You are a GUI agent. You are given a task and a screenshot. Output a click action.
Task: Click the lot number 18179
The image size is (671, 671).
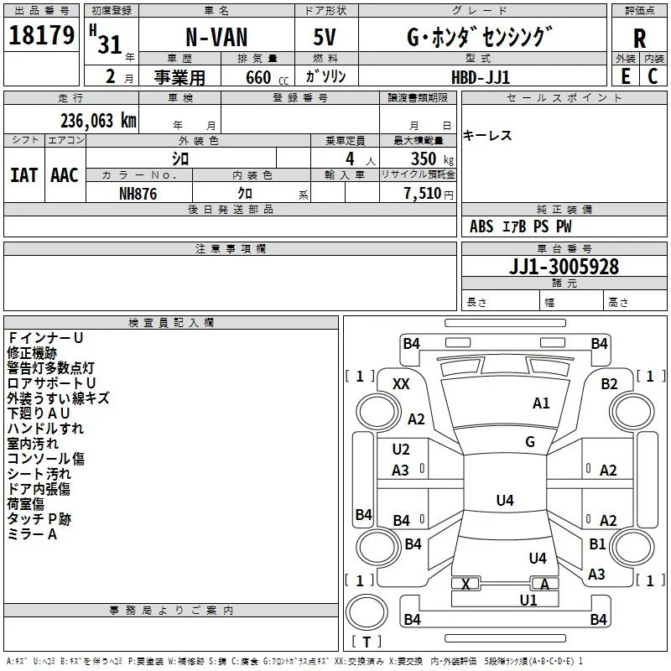[x=41, y=35]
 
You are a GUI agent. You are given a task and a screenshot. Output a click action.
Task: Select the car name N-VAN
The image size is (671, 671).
[x=216, y=37]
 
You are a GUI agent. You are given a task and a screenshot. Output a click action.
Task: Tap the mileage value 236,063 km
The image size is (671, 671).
[x=98, y=121]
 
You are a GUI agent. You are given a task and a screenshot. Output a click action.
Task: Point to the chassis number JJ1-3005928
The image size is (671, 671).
[x=564, y=267]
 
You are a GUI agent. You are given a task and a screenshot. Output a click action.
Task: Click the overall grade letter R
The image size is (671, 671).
[x=639, y=39]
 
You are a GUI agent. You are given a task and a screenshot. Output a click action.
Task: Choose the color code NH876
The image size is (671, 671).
[x=138, y=194]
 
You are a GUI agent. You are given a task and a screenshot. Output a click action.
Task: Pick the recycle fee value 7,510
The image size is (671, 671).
[x=423, y=193]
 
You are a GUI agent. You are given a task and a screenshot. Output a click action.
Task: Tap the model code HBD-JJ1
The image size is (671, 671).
[x=481, y=77]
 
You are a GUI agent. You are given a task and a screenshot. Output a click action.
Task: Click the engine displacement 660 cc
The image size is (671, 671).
[x=267, y=77]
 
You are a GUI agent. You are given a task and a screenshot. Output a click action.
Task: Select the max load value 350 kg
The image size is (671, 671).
[x=432, y=159]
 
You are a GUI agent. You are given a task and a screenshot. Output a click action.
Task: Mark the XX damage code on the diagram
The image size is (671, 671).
[x=401, y=384]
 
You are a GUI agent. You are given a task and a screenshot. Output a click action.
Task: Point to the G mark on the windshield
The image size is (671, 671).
[x=530, y=441]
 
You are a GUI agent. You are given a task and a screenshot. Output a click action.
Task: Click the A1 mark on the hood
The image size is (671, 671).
[x=541, y=403]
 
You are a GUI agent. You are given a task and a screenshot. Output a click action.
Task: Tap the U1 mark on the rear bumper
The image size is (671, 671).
[x=528, y=600]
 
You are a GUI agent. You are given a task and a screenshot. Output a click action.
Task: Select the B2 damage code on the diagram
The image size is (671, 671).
[x=609, y=384]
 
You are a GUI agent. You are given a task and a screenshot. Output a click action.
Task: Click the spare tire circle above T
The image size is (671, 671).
[x=367, y=612]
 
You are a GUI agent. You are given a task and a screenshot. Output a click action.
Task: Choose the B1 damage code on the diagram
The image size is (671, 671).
[x=597, y=544]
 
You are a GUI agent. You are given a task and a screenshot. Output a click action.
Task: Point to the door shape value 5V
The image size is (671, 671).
[x=325, y=37]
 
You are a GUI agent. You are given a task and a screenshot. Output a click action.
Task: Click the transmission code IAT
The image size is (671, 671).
[x=23, y=175]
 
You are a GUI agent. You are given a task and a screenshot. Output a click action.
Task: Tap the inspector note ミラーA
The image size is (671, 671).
[x=32, y=534]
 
